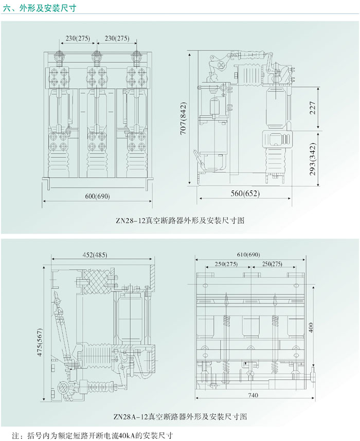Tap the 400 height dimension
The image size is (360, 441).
(323, 326)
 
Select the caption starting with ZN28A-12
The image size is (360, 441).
(182, 416)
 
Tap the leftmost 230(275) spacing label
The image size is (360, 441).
(78, 38)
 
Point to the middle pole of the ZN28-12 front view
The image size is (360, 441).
(95, 118)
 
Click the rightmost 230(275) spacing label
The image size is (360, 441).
(117, 38)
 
